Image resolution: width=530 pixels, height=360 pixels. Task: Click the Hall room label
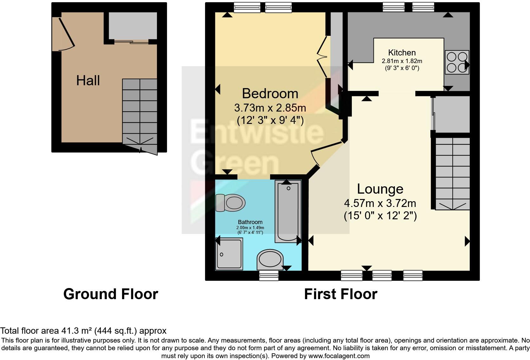click(x=88, y=80)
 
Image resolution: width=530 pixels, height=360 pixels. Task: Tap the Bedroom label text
click(x=270, y=93)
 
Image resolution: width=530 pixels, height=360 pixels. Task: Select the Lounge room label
click(x=380, y=189)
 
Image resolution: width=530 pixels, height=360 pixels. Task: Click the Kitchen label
click(x=402, y=53)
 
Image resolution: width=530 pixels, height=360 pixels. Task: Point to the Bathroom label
click(x=250, y=222)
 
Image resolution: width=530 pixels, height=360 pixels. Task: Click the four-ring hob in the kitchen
click(x=456, y=62)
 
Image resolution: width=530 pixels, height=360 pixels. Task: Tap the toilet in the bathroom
click(x=230, y=202)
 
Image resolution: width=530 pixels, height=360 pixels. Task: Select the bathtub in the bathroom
click(x=288, y=211)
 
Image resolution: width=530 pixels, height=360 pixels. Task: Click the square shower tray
click(x=229, y=254)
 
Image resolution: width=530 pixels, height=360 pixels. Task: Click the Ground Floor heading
click(x=111, y=294)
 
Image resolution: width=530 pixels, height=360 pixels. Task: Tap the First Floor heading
click(x=340, y=294)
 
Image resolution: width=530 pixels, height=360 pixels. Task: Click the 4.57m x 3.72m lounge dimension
click(x=380, y=203)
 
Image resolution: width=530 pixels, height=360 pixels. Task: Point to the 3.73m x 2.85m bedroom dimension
click(x=270, y=108)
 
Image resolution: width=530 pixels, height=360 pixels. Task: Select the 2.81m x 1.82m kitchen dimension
click(x=402, y=61)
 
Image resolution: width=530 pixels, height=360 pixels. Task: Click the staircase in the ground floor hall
click(x=139, y=111)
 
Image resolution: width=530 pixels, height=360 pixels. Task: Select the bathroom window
click(x=268, y=276)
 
